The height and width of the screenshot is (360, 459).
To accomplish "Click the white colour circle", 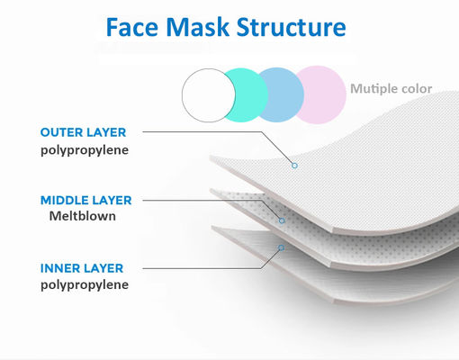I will pyautogui.click(x=209, y=94).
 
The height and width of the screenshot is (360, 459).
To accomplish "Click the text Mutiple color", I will pyautogui.click(x=391, y=88).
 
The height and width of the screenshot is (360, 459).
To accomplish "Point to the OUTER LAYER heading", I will pyautogui.click(x=84, y=132).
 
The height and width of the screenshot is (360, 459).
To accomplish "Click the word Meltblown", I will pyautogui.click(x=82, y=217).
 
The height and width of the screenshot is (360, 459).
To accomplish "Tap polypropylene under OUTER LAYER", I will pyautogui.click(x=84, y=150).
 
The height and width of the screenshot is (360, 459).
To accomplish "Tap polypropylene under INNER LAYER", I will pyautogui.click(x=84, y=285).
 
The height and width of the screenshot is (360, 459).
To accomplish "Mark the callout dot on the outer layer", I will pyautogui.click(x=293, y=166).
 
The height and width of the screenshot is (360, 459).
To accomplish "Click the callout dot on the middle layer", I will pyautogui.click(x=282, y=220).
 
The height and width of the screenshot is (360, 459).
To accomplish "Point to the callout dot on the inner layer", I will pyautogui.click(x=280, y=247).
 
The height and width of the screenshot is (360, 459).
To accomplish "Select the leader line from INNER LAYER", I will pyautogui.click(x=216, y=267).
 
